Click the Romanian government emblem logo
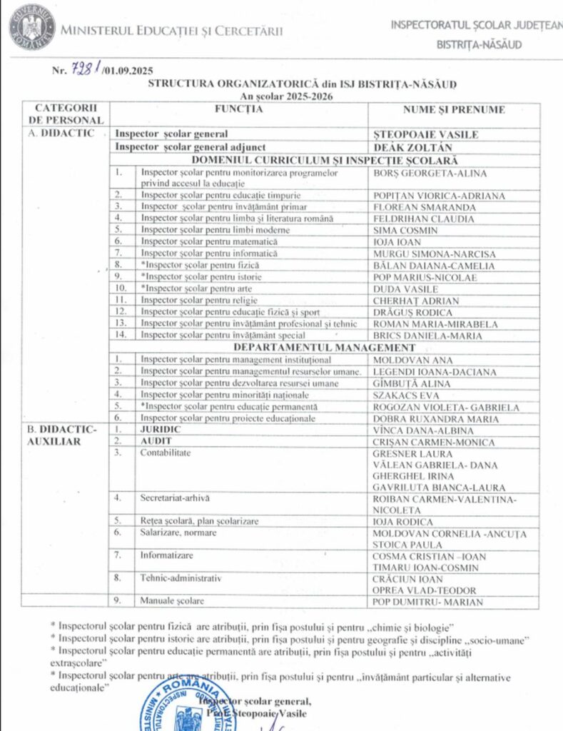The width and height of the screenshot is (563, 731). pos(31,28)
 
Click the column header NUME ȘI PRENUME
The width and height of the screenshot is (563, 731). pos(454,110)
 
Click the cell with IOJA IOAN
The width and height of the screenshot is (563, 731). pos(398,242)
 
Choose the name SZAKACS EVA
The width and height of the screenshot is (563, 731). pos(405,395)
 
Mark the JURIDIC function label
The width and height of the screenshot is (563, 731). pos(161,430)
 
